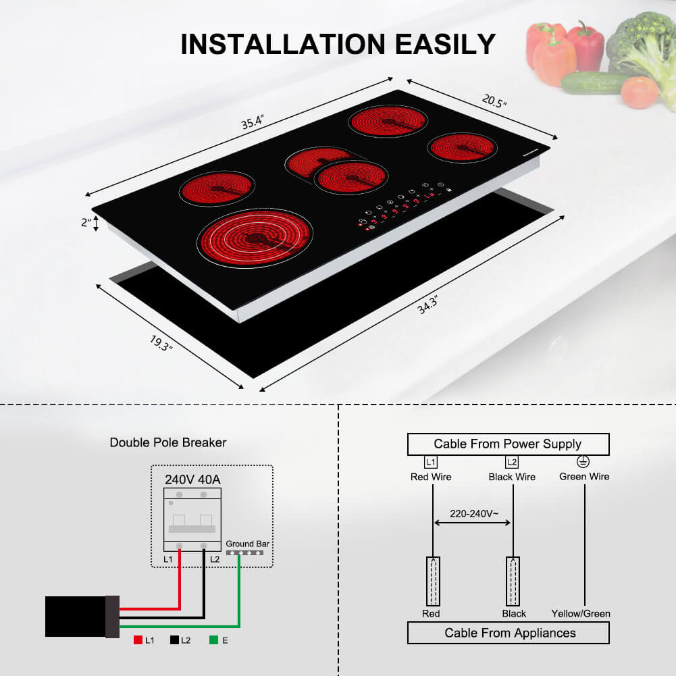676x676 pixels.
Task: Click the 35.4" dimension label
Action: coord(251,124)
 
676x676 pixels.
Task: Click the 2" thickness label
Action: coord(86,223)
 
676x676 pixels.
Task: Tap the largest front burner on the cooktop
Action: coord(258,238)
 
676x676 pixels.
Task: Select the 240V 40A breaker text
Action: coord(193,479)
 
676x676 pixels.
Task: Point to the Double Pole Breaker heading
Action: coord(168,443)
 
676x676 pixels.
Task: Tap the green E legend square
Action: coord(213,640)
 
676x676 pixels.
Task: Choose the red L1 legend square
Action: coord(137,640)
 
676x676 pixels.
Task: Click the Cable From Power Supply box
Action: coord(507,444)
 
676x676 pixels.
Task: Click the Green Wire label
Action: coord(584,477)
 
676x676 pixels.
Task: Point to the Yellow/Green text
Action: coord(581,614)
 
